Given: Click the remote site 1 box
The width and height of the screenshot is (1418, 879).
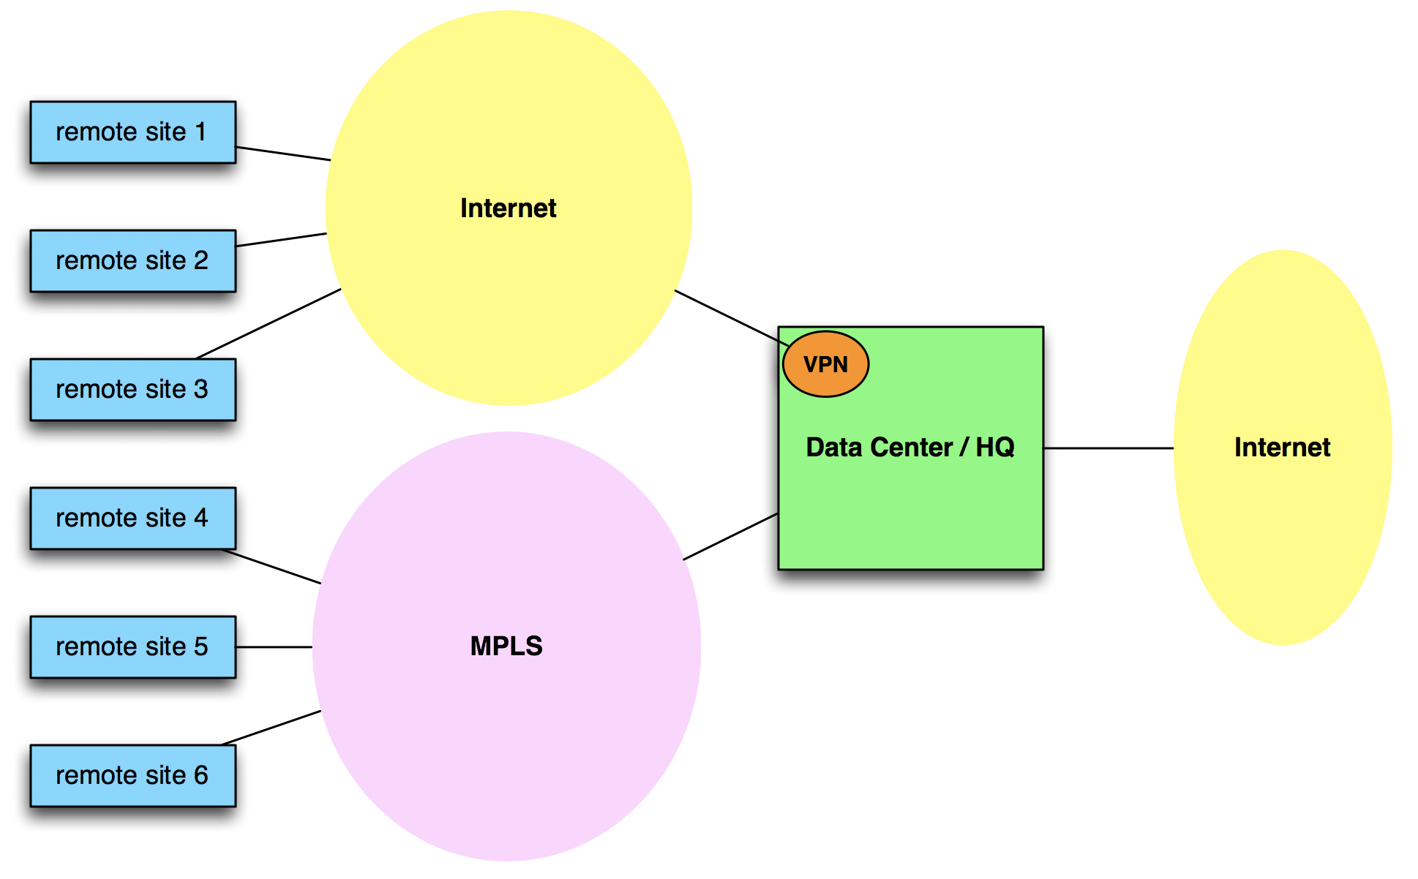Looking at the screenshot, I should (132, 132).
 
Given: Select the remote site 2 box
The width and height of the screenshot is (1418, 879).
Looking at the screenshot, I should (132, 261).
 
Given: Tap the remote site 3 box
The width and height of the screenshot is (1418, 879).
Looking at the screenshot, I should (132, 390).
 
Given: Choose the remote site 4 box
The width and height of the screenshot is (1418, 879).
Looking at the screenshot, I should (132, 518).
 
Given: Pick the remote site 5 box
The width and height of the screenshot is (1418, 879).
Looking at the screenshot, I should (132, 647).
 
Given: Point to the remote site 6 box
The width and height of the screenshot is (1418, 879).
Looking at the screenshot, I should (132, 776).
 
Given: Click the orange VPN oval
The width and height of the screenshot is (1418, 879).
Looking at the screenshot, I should (825, 364).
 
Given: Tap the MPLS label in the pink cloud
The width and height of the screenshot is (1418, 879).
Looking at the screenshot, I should (506, 646).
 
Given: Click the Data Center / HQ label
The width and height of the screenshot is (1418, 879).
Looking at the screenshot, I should (909, 448).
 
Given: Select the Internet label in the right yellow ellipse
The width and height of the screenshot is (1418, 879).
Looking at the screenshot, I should (1282, 448).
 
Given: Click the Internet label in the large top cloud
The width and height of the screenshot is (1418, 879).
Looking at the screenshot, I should (508, 208).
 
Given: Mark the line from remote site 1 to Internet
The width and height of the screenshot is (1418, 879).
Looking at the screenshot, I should (283, 154).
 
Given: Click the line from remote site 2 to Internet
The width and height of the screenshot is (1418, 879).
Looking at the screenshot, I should (282, 240).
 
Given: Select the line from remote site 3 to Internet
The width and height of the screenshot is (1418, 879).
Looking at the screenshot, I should (269, 323).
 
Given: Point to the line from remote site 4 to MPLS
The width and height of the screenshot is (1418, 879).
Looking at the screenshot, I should (271, 567).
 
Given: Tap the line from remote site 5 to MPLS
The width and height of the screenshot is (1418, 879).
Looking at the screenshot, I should (274, 647).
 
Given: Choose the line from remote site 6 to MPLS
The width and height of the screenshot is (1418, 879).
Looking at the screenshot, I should (271, 728).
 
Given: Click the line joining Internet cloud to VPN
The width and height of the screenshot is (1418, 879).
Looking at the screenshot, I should (728, 317).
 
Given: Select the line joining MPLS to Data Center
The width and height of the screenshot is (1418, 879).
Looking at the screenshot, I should (730, 537).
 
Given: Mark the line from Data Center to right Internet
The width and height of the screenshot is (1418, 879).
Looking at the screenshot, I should (1108, 448).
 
